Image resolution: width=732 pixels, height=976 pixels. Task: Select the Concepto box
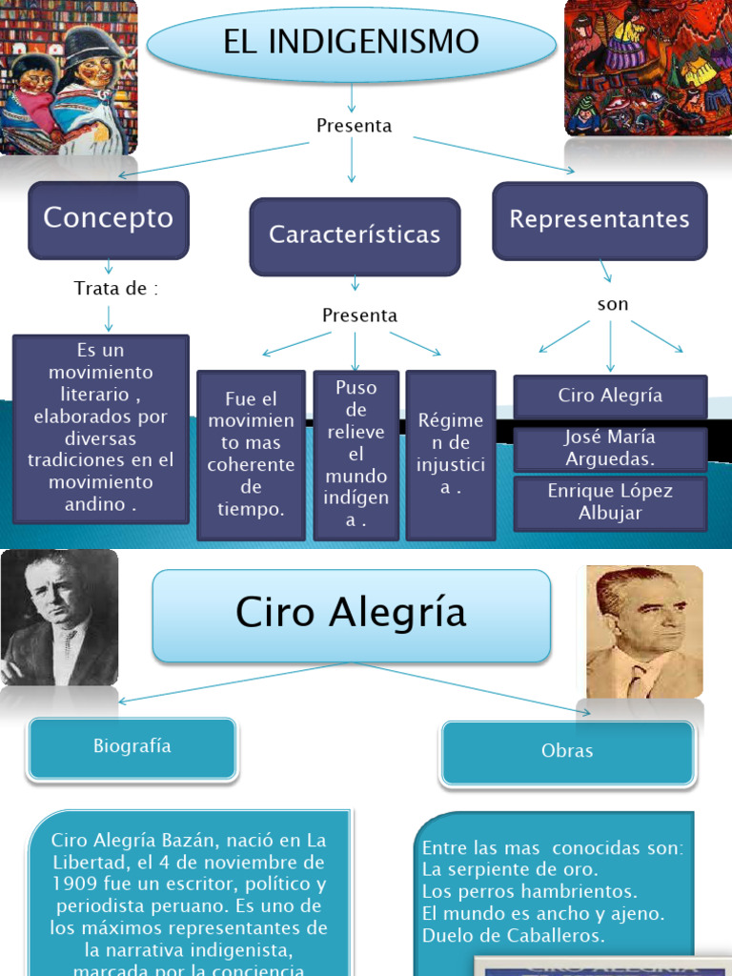point(109,219)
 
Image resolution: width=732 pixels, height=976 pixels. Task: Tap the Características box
point(355,235)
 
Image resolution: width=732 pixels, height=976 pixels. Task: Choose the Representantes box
point(600,220)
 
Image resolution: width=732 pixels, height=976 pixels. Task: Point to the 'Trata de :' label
point(115,288)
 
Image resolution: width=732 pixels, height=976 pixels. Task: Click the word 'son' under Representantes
point(613,305)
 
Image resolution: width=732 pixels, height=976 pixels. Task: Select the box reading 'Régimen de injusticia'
point(451,454)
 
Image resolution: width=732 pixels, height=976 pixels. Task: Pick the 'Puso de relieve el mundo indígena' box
point(356,454)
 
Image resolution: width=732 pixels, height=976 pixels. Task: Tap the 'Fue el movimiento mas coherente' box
point(251,454)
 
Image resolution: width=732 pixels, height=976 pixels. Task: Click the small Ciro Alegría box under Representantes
point(610,396)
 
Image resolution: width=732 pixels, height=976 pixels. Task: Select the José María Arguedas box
point(610,448)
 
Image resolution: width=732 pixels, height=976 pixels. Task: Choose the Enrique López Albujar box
point(610,502)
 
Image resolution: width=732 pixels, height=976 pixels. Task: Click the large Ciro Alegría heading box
point(352,615)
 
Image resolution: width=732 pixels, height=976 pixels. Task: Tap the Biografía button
point(132,747)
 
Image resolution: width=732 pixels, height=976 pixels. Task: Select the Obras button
point(567,751)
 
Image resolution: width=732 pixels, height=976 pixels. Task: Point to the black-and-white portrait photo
point(59,617)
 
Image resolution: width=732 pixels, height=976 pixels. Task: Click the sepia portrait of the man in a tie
point(644,631)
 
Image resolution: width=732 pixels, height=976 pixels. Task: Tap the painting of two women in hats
point(69,78)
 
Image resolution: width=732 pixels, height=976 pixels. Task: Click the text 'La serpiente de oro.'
point(510,869)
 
